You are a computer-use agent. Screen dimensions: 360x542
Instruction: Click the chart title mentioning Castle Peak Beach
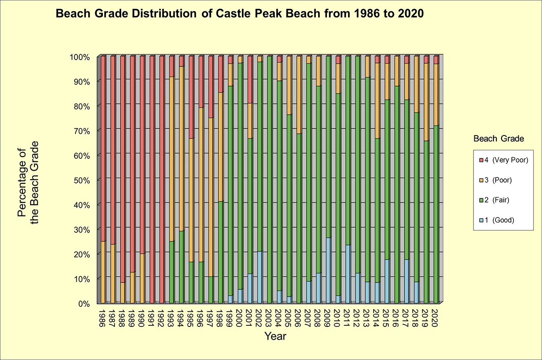pos(239,14)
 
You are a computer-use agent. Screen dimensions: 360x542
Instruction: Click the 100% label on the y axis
pos(83,57)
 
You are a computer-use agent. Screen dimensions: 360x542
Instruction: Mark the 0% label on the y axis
pos(86,304)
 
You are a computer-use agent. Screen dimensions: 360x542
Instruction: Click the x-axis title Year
pos(275,337)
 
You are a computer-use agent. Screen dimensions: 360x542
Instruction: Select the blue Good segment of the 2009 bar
pos(328,270)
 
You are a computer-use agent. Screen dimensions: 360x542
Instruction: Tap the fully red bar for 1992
pos(161,180)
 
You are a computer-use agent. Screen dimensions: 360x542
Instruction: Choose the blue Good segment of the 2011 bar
pos(347,274)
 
